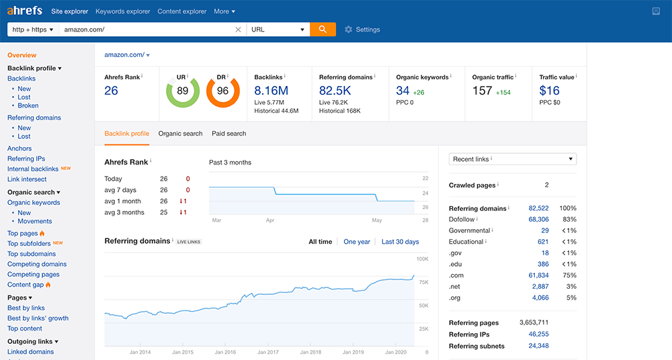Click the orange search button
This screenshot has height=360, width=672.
[x=323, y=30]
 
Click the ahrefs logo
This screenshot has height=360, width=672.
[x=25, y=11]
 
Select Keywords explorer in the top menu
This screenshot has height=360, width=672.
[x=122, y=11]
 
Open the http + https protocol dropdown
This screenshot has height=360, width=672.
[x=33, y=30]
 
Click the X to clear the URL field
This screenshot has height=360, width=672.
[x=238, y=30]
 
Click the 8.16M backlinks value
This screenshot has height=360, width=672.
[x=271, y=91]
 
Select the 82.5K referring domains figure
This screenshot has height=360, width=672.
[x=335, y=91]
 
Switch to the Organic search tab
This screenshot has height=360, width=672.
[x=180, y=134]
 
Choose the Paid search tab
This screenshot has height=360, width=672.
[x=228, y=134]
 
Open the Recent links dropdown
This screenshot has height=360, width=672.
[x=513, y=159]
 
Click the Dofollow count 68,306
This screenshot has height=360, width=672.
[x=538, y=220]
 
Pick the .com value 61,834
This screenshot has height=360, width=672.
[x=538, y=275]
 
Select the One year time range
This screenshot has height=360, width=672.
[x=357, y=242]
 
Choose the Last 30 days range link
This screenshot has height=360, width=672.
[x=400, y=242]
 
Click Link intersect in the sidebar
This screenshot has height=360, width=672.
[x=27, y=179]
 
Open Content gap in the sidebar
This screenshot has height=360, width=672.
[x=26, y=285]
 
